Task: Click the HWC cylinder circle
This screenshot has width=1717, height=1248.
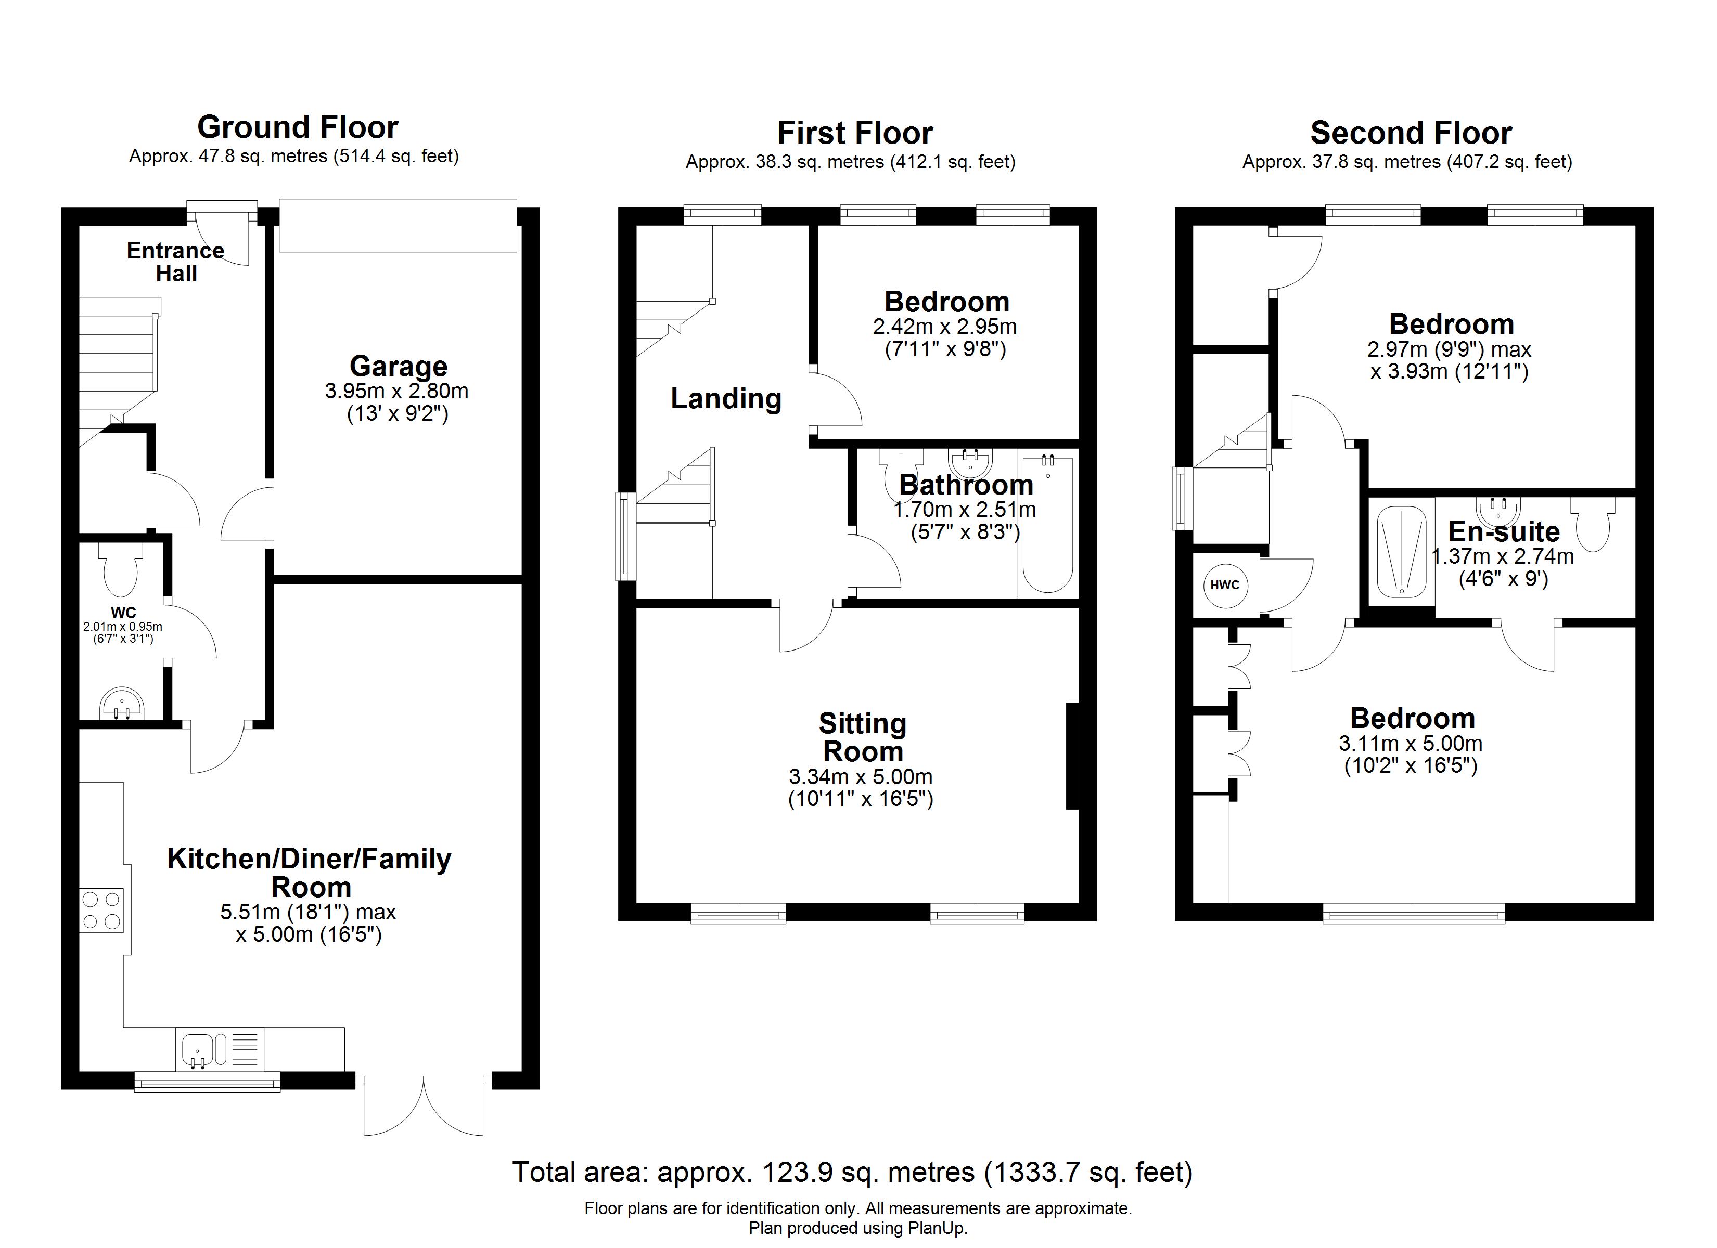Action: pyautogui.click(x=1225, y=585)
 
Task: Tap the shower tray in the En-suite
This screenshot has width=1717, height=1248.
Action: pyautogui.click(x=1401, y=551)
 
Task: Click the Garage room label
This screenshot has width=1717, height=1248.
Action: pyautogui.click(x=398, y=366)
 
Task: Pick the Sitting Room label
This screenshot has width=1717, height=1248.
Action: pyautogui.click(x=862, y=738)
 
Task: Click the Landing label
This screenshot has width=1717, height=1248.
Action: pyautogui.click(x=726, y=399)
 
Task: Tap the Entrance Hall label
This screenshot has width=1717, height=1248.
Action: pyautogui.click(x=176, y=262)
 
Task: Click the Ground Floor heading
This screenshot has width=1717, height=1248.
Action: pyautogui.click(x=298, y=127)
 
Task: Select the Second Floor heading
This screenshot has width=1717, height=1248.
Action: pyautogui.click(x=1411, y=133)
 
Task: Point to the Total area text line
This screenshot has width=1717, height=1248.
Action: pyautogui.click(x=852, y=1172)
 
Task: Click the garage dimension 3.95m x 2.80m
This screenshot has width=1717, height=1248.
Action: pyautogui.click(x=396, y=391)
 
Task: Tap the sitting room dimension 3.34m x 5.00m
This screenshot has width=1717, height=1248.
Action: pyautogui.click(x=861, y=776)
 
